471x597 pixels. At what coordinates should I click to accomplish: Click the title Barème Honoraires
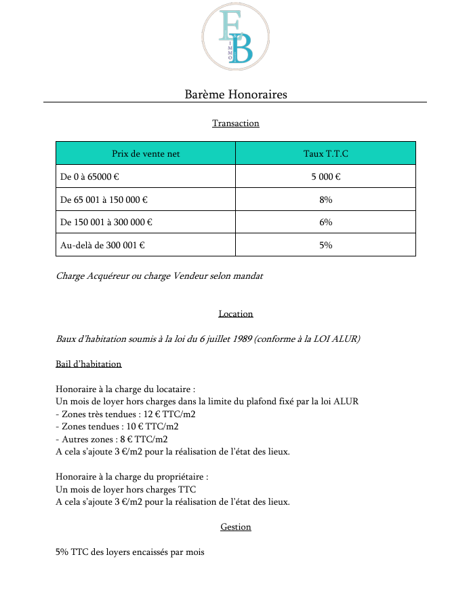tap(235, 94)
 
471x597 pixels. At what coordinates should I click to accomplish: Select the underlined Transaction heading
tap(235, 123)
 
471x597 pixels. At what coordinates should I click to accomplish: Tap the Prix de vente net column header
tap(146, 154)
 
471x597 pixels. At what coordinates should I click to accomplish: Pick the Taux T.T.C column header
tap(325, 154)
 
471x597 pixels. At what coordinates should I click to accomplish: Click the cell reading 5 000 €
tap(325, 177)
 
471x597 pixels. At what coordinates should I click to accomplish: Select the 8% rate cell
tap(325, 200)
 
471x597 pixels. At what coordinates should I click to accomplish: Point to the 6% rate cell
tap(325, 223)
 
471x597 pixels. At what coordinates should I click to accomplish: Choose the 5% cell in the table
tap(325, 245)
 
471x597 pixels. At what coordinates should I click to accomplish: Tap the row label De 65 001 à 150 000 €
tap(104, 200)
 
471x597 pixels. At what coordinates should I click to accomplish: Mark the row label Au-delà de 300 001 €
tap(102, 245)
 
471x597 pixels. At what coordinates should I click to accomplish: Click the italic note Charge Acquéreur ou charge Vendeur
tap(159, 276)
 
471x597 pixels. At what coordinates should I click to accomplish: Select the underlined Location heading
tap(235, 314)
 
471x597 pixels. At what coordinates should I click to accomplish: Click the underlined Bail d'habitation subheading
tap(89, 364)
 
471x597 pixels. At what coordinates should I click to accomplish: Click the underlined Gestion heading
tap(235, 527)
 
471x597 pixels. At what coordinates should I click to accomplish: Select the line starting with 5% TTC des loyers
tap(129, 552)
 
